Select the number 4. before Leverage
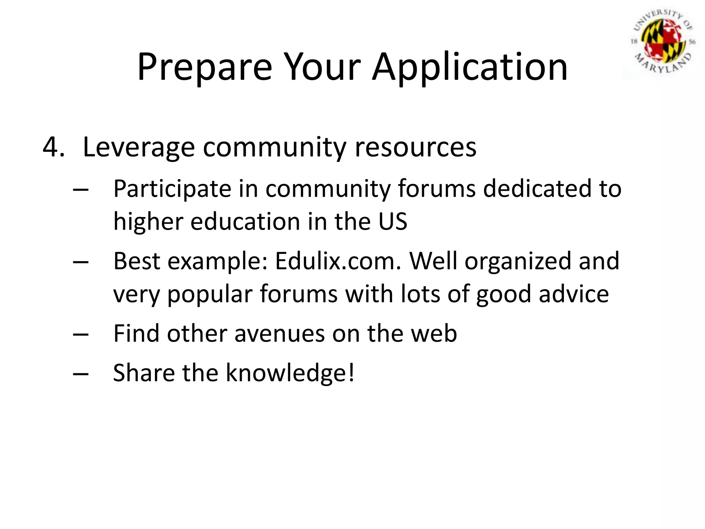click(53, 147)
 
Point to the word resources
click(415, 147)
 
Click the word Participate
click(172, 189)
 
